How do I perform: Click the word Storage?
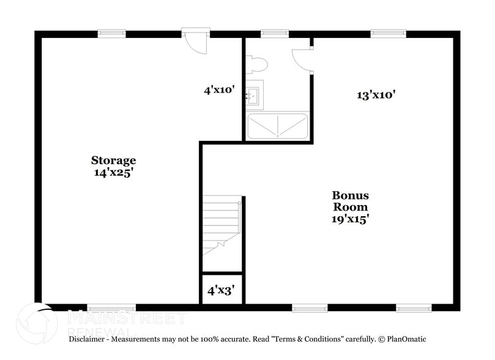pos(113,160)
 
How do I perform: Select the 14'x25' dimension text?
pos(113,173)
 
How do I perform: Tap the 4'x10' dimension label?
pos(220,90)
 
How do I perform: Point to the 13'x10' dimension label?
pos(376,94)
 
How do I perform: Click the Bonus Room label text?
pos(350,201)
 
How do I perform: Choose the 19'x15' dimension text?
pos(350,219)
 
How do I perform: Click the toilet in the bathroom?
pos(257,64)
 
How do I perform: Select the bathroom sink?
pos(253,96)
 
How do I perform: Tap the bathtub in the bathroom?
pos(277,126)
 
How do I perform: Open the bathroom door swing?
pos(301,61)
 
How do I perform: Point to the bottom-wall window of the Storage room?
pos(111,307)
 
